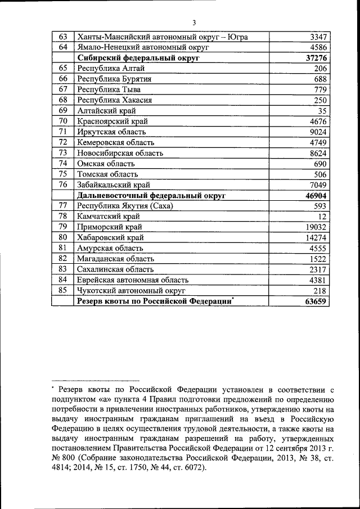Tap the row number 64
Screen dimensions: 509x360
click(63, 47)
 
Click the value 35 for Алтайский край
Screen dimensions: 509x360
click(323, 111)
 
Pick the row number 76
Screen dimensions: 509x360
click(63, 184)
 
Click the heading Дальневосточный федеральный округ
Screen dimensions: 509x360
click(151, 195)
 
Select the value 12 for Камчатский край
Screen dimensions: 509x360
click(323, 217)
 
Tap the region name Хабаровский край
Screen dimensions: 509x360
click(110, 237)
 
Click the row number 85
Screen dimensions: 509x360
click(63, 290)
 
